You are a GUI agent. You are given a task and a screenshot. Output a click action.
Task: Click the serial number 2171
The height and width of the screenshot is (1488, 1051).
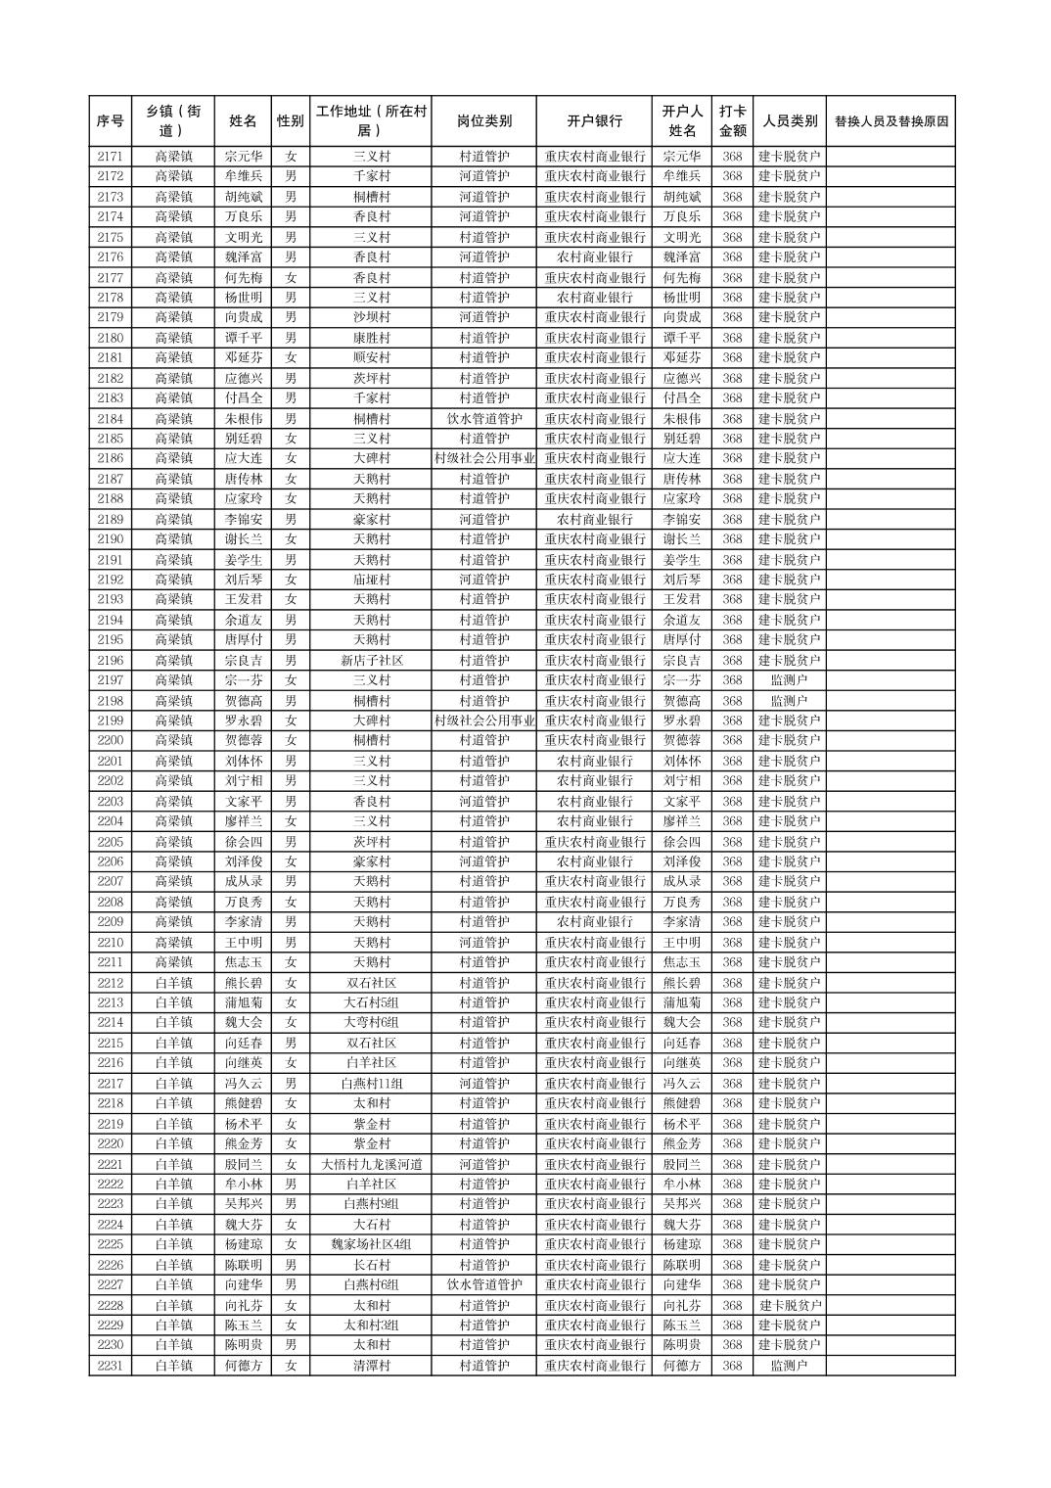(x=111, y=157)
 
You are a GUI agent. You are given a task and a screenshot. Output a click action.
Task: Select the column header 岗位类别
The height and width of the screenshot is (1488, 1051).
(x=483, y=121)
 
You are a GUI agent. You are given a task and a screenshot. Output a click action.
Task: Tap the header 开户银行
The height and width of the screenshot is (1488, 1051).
(x=594, y=121)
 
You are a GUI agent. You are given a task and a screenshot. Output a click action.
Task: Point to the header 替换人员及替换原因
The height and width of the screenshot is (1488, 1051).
(x=891, y=121)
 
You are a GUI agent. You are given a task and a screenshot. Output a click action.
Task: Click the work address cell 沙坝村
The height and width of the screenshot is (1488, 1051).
(x=371, y=317)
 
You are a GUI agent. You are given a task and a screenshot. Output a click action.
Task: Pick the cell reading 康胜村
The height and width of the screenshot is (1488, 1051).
(x=371, y=338)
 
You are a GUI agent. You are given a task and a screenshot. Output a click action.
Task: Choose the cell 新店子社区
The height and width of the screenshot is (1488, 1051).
(x=371, y=661)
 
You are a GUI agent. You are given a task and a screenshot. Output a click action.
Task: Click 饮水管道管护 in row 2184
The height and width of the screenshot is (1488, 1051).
(x=483, y=418)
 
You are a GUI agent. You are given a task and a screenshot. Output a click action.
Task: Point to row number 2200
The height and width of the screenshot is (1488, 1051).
(x=111, y=741)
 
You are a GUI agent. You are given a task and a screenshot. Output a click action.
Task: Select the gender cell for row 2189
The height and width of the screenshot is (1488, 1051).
(x=291, y=519)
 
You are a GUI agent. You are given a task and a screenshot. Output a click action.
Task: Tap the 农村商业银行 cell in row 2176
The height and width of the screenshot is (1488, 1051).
(x=594, y=257)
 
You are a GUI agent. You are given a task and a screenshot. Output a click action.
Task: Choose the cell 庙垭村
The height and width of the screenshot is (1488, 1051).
(x=371, y=580)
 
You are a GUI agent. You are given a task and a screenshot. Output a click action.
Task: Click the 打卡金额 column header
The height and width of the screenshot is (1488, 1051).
(x=732, y=121)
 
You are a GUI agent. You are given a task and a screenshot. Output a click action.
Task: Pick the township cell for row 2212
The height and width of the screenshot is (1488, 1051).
(x=173, y=983)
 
